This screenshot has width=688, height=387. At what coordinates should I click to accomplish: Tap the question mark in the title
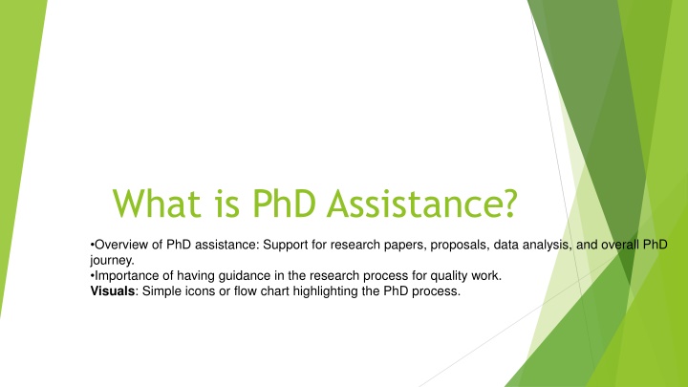pyautogui.click(x=510, y=204)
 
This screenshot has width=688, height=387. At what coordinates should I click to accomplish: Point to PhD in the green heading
pyautogui.click(x=284, y=204)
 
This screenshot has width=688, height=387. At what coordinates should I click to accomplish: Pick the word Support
pyautogui.click(x=285, y=246)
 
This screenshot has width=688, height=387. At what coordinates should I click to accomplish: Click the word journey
pyautogui.click(x=112, y=261)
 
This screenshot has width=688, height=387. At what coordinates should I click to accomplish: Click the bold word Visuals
pyautogui.click(x=113, y=290)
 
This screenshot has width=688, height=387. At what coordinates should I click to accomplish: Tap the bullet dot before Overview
pyautogui.click(x=92, y=245)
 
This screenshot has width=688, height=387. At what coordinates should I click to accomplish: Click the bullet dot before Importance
pyautogui.click(x=92, y=276)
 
